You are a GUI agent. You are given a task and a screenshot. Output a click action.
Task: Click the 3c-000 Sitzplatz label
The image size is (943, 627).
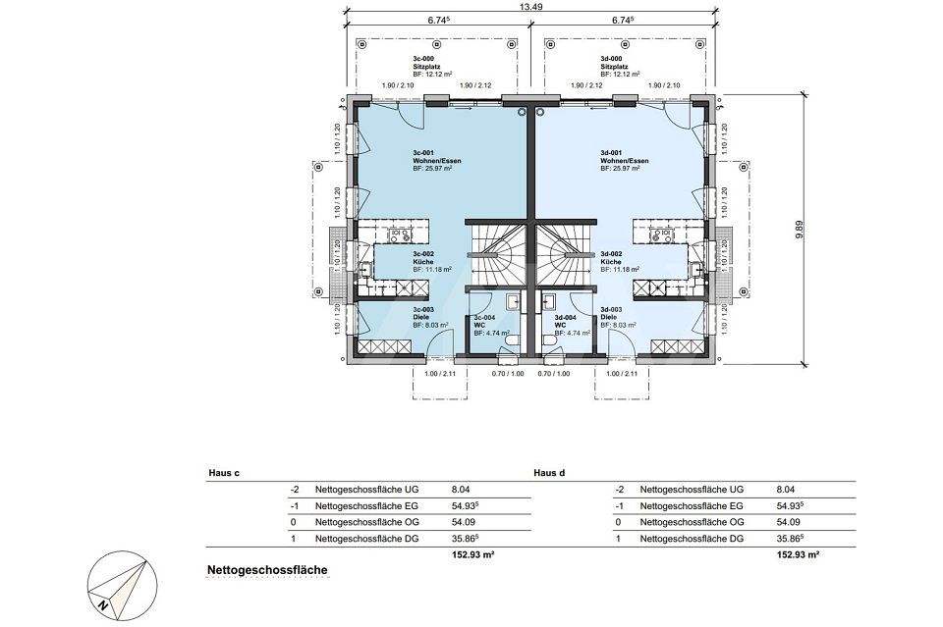(x=430, y=66)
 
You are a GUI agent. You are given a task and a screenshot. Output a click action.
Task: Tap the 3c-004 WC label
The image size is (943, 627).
(x=484, y=323)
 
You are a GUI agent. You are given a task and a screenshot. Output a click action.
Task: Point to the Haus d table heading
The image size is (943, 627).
(x=548, y=472)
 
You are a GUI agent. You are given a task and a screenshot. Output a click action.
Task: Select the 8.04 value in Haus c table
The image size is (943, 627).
(x=461, y=489)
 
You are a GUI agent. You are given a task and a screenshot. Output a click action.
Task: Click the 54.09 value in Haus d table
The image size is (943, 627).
(x=788, y=522)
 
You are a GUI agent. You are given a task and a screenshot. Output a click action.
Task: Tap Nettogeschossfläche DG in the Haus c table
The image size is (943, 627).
(x=361, y=539)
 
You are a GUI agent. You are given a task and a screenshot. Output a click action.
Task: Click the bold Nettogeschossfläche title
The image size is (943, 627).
(x=266, y=569)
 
